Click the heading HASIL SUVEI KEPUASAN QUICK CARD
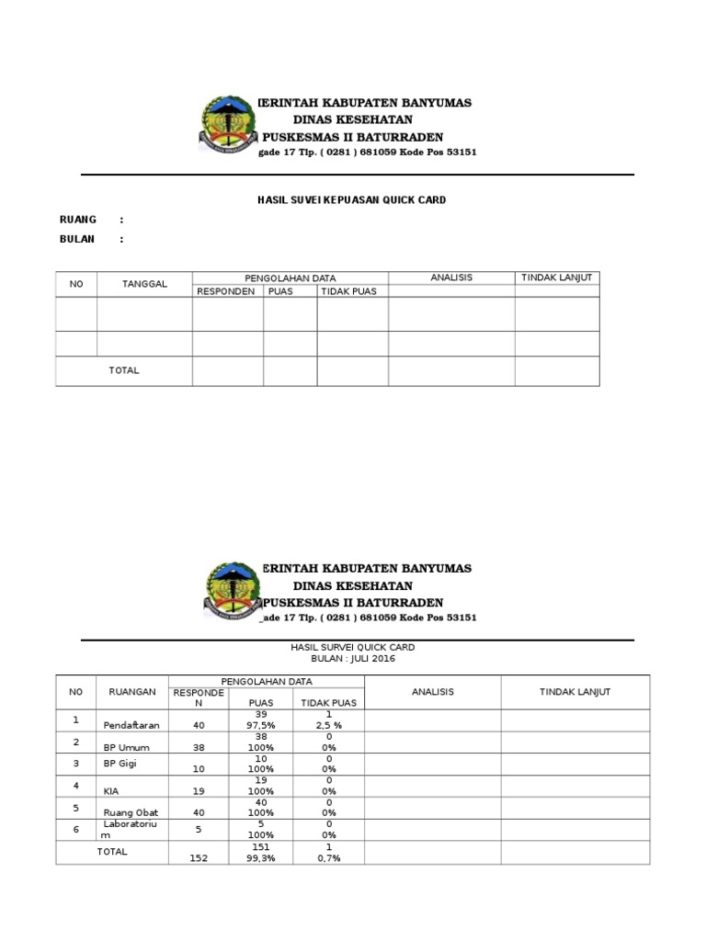(x=351, y=199)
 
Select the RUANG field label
(x=77, y=220)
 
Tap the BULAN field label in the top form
(x=77, y=239)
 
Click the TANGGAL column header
(x=144, y=284)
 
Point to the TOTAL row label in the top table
(x=124, y=370)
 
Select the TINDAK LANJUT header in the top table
(x=556, y=278)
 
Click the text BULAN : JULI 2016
(x=352, y=659)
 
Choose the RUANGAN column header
(x=131, y=692)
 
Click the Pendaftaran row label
(x=131, y=725)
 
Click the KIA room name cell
(x=111, y=791)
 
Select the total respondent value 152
(x=198, y=858)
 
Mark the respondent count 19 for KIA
(x=198, y=791)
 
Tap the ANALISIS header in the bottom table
(x=432, y=692)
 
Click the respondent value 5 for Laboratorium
(x=198, y=830)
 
